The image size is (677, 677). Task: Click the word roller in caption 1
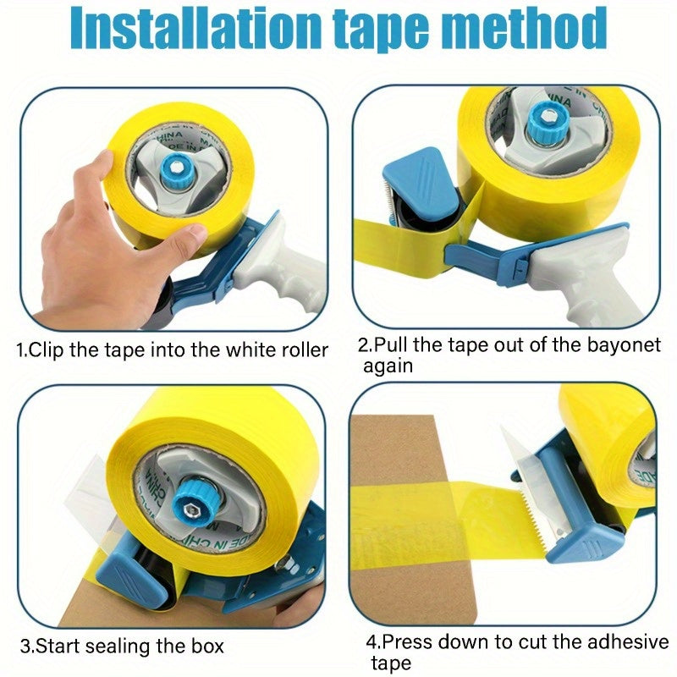pyautogui.click(x=298, y=350)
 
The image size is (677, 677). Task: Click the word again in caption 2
pyautogui.click(x=388, y=366)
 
